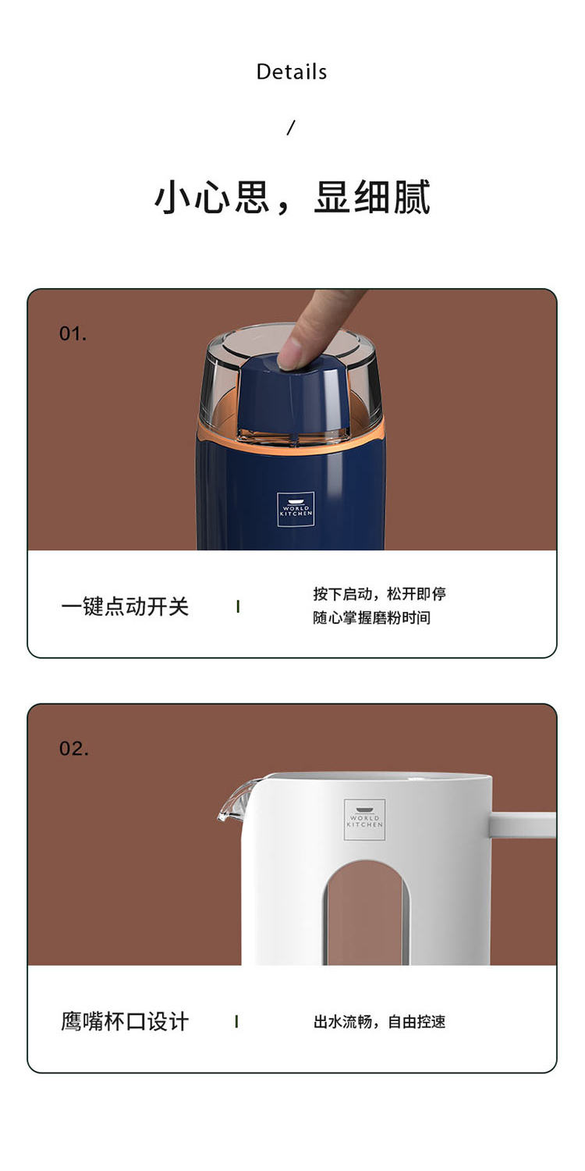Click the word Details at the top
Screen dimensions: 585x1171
click(292, 72)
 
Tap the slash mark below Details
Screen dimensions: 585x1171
click(291, 127)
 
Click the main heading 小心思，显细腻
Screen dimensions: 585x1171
click(292, 197)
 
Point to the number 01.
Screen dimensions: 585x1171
click(73, 333)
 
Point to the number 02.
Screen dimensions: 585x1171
click(73, 749)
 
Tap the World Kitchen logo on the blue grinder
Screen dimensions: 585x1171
click(296, 509)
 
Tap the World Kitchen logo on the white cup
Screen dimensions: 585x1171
click(364, 820)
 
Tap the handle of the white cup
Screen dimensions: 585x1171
click(523, 825)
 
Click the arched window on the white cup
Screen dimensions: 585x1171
click(366, 913)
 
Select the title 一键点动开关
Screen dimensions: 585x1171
click(125, 607)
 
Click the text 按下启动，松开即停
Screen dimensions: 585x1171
click(380, 594)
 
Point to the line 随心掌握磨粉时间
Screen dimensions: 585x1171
click(372, 618)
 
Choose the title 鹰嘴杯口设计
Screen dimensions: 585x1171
click(125, 1021)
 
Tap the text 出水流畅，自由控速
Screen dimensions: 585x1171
click(380, 1021)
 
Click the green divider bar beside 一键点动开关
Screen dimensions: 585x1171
click(238, 607)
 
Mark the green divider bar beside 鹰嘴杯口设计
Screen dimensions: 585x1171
click(237, 1021)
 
